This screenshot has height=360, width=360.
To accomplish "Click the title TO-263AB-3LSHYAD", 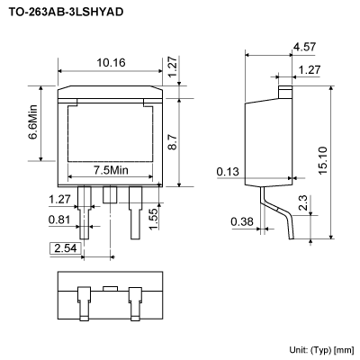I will (x=67, y=13).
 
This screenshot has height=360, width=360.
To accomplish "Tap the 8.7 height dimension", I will (x=184, y=140).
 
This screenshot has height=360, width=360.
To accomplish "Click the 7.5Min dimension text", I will (x=112, y=170).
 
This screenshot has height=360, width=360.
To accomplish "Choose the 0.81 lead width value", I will (x=60, y=219).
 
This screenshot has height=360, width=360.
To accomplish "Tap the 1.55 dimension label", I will (x=155, y=216).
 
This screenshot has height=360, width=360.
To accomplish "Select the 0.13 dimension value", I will (x=228, y=171).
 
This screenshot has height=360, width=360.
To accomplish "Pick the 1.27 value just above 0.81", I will (x=60, y=200).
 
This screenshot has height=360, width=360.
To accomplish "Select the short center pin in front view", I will (x=110, y=195).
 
